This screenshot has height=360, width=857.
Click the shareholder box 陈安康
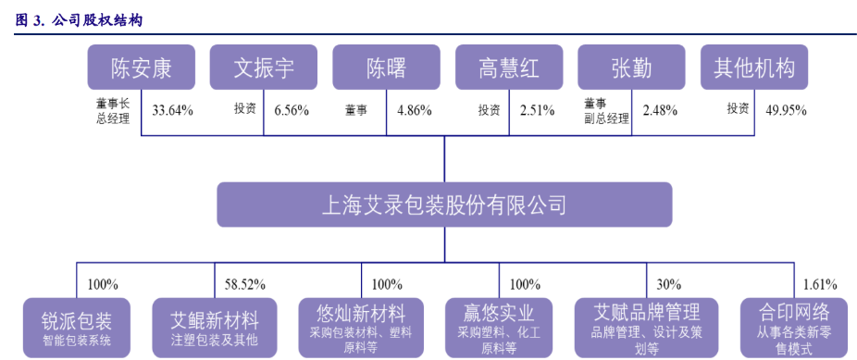[x=141, y=68]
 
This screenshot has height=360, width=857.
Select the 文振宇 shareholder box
[x=264, y=68]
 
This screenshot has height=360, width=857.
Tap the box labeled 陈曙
[x=386, y=68]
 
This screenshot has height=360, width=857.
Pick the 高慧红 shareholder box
[x=508, y=68]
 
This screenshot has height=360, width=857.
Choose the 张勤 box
[x=631, y=68]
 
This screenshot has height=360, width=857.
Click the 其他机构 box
[x=754, y=68]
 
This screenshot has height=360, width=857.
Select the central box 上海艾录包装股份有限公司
[x=444, y=205]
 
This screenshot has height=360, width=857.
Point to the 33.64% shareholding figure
[x=172, y=110]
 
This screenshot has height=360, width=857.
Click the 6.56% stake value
[x=292, y=110]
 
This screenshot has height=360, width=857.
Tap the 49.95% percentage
[x=786, y=110]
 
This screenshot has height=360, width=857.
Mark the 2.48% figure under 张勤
[x=660, y=110]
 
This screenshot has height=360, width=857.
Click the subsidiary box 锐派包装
[x=77, y=328]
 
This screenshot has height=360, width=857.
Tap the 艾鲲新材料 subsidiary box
[x=214, y=328]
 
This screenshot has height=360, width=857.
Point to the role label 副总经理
[x=606, y=118]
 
